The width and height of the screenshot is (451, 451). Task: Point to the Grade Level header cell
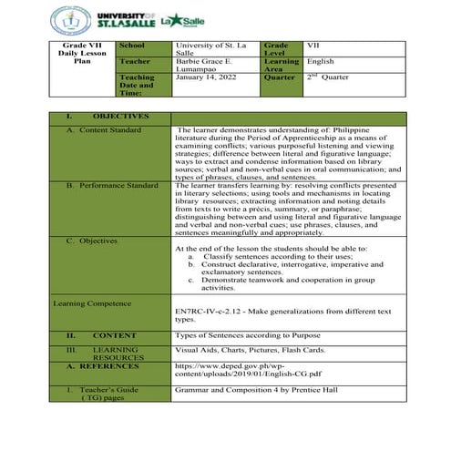pyautogui.click(x=277, y=49)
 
